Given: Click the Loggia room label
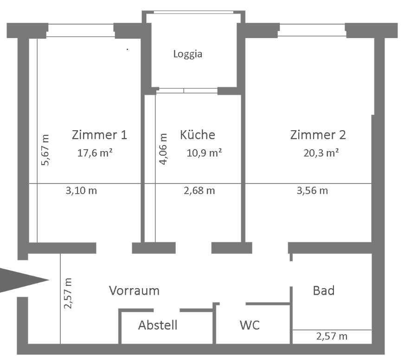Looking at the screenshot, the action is (x=187, y=54).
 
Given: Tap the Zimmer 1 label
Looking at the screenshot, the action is (x=99, y=134).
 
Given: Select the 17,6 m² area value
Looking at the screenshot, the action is (x=95, y=153).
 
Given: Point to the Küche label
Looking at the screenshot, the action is (x=198, y=134).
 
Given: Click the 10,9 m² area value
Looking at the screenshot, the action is (x=204, y=153).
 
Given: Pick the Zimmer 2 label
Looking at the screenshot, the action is (x=318, y=134).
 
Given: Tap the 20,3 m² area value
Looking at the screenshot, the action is (x=321, y=153).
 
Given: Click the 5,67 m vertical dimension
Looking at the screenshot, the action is (x=45, y=150).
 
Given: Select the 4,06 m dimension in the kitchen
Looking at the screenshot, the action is (x=163, y=149).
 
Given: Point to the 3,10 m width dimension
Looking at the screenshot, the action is (x=82, y=191).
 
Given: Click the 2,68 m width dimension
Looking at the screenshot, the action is (x=199, y=191).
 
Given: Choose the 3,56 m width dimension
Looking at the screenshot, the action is (x=312, y=191).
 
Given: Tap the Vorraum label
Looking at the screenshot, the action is (x=134, y=291).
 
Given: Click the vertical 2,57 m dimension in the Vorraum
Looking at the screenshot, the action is (x=68, y=293).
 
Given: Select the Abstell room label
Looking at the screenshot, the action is (x=158, y=325).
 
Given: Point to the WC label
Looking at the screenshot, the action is (x=250, y=325).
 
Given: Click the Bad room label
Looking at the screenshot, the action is (x=324, y=291).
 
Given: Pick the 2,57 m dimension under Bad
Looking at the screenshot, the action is (x=332, y=336).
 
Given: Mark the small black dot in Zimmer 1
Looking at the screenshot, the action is (x=127, y=49).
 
